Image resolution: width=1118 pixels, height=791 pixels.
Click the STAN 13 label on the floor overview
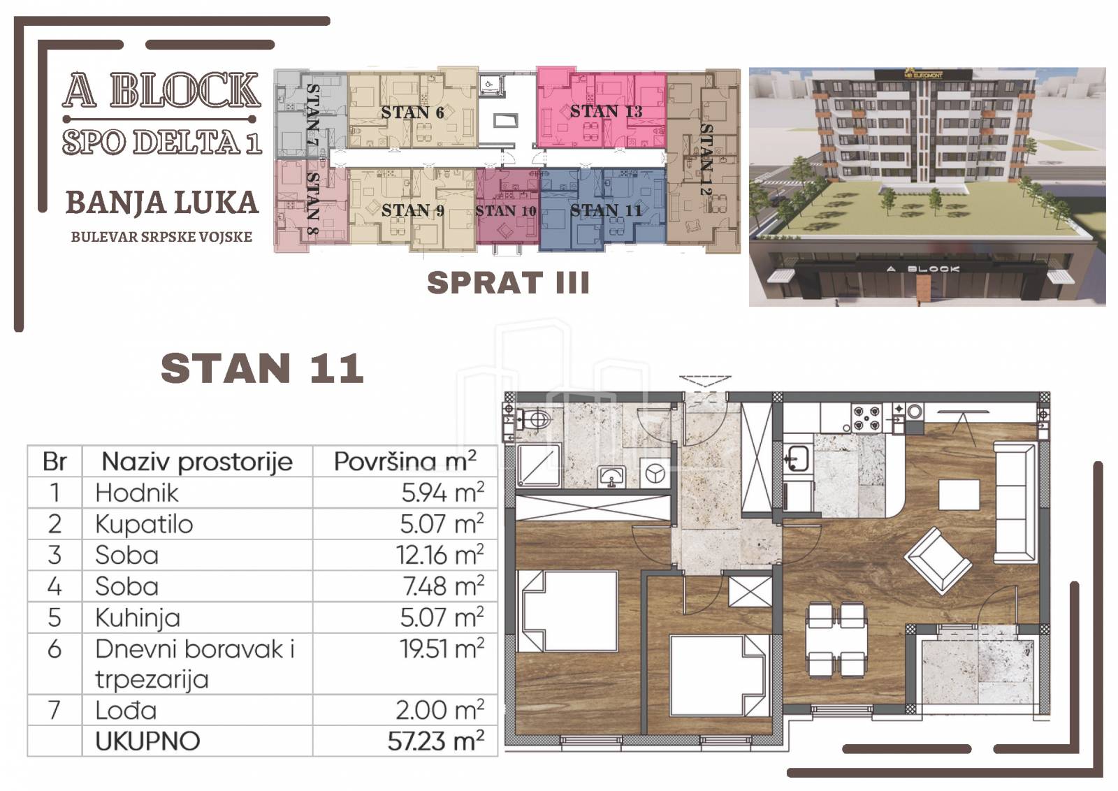(606, 111)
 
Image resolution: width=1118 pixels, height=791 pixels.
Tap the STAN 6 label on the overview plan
(412, 113)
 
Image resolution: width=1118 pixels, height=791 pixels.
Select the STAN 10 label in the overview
(506, 211)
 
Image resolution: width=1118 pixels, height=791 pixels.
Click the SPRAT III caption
(508, 282)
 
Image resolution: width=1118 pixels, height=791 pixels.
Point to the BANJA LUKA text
(162, 203)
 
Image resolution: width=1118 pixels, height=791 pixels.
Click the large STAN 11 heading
(262, 368)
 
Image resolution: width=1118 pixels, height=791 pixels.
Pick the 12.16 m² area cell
(440, 555)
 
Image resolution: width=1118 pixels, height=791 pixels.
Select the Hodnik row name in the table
(137, 493)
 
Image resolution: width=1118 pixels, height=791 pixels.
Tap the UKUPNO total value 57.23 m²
(436, 741)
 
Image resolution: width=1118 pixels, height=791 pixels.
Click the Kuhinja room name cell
(138, 618)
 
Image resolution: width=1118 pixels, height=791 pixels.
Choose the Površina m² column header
(405, 461)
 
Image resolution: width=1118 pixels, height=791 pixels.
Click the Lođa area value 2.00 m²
(440, 710)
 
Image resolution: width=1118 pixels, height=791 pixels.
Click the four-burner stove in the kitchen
(866, 418)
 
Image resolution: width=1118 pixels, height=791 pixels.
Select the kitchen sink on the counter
(797, 458)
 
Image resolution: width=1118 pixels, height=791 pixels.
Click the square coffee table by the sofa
(959, 494)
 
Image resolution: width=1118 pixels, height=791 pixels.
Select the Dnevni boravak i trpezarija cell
(195, 664)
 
